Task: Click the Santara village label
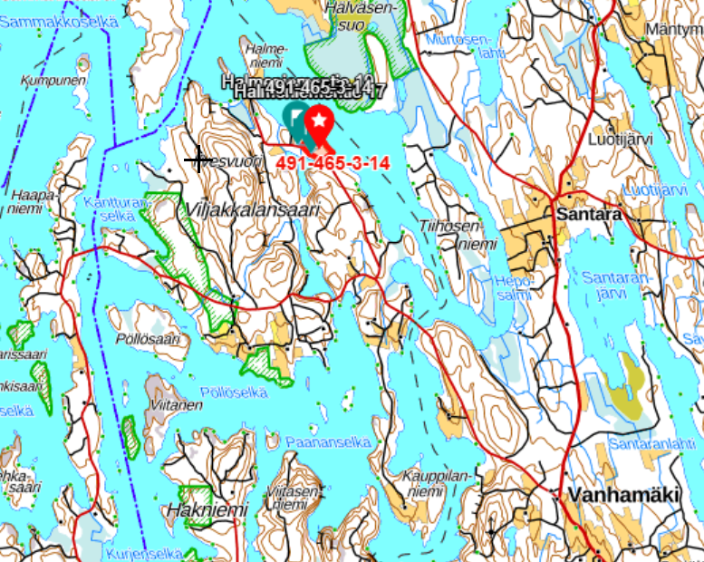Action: pos(589,216)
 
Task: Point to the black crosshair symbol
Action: pos(198,160)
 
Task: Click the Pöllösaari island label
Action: pos(149,338)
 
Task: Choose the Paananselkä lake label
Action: pos(327,442)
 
